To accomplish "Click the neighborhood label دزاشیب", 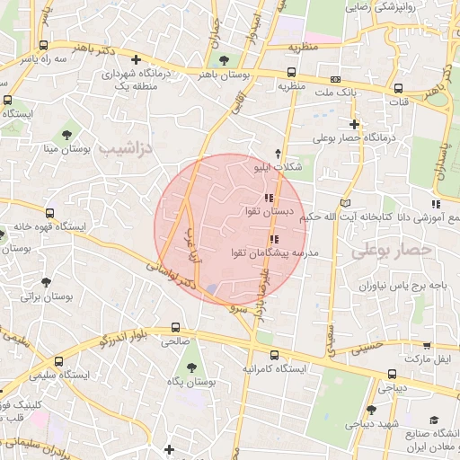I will tap(126, 145).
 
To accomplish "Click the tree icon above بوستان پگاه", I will tap(191, 367).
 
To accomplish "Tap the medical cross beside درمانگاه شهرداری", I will tap(136, 59).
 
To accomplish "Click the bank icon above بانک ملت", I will tap(335, 79).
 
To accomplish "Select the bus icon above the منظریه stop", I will tap(292, 73).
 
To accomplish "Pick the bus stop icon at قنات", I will tap(398, 88).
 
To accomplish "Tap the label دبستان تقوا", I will tap(269, 211).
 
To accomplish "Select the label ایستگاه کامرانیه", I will tap(274, 368).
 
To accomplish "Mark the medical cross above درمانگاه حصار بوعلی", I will tap(355, 124).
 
